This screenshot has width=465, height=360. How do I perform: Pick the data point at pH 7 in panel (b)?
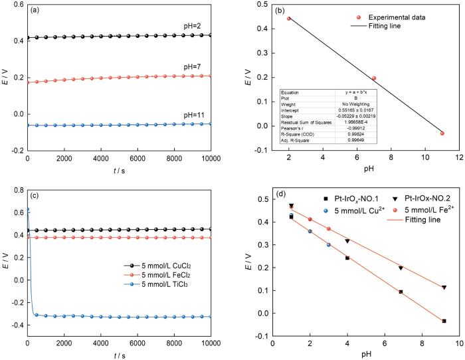point(374,78)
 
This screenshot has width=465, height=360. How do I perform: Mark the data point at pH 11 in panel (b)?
point(442,134)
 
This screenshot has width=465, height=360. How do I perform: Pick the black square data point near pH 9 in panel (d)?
point(444,321)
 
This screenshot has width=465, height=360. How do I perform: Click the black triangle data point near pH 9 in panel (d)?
point(444,287)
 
